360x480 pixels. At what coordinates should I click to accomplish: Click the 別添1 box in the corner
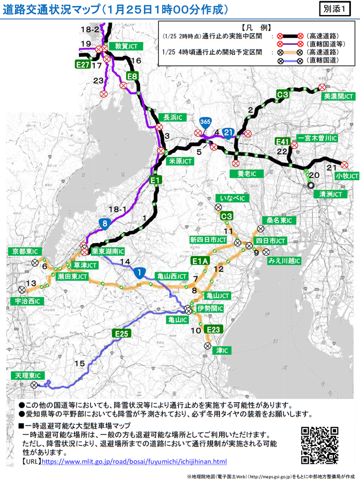tap(339, 9)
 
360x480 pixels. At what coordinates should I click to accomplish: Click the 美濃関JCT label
tap(339, 96)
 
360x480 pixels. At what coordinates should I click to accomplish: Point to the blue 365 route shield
tap(204, 123)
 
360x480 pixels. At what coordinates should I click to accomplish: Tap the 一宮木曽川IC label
tap(318, 138)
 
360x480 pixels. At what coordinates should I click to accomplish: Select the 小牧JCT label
tap(346, 176)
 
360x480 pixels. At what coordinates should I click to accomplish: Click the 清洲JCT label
tap(330, 193)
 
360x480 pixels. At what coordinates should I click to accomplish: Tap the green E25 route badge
tap(121, 334)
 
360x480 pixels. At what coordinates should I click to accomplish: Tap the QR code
tap(319, 445)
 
